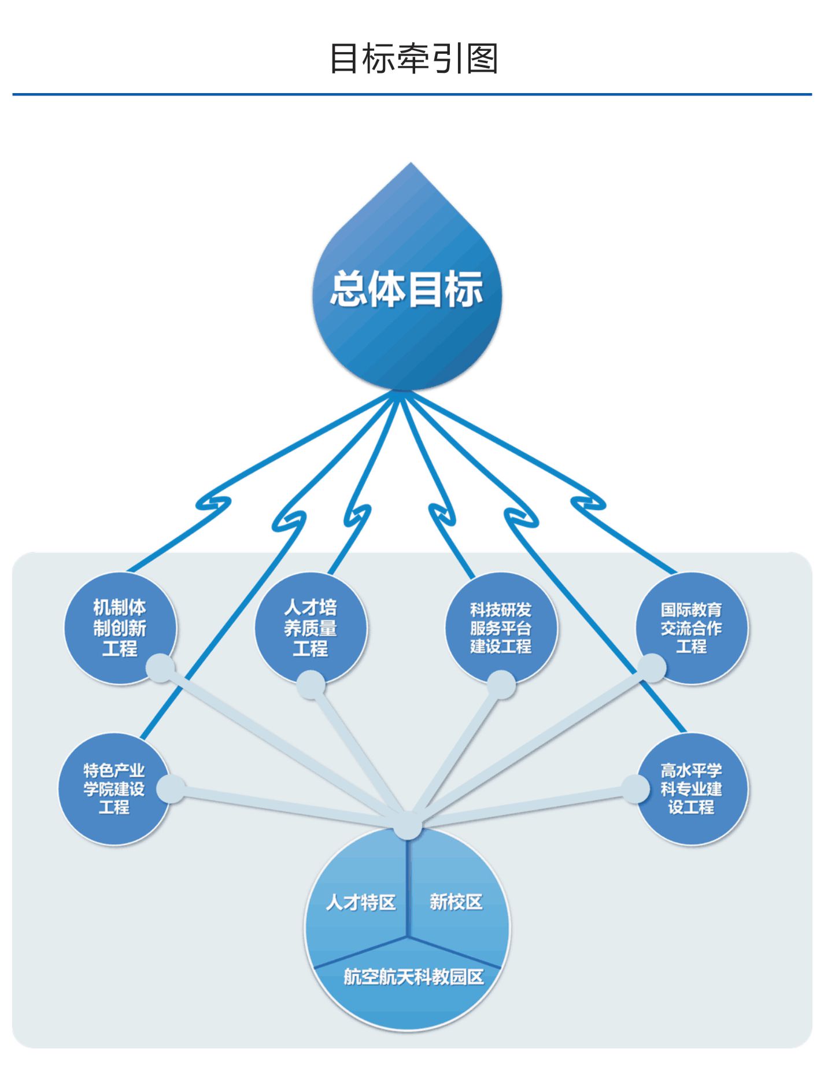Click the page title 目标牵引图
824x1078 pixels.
click(413, 58)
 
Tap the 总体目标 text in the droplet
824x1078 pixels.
click(407, 289)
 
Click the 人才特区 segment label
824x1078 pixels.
click(361, 902)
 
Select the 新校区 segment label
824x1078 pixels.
click(456, 902)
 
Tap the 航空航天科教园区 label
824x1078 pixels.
click(413, 977)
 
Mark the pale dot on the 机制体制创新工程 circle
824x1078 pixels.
click(160, 669)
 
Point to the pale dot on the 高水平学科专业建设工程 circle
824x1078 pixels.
click(635, 789)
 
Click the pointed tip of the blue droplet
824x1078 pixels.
click(411, 164)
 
